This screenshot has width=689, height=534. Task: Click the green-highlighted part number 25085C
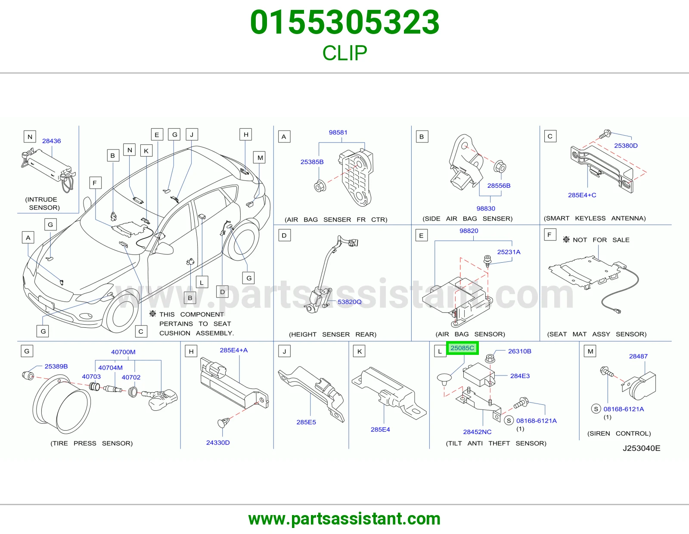[462, 348]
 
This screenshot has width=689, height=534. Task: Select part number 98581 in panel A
[338, 132]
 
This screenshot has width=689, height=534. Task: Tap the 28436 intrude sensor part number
[51, 141]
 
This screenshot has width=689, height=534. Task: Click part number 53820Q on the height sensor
[349, 301]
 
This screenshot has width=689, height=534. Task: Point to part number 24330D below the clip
[218, 442]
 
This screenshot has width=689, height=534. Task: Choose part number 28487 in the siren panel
[638, 356]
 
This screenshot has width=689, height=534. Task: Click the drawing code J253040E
[642, 448]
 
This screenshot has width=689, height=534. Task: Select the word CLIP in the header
[344, 53]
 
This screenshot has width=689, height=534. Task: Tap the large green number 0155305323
[344, 22]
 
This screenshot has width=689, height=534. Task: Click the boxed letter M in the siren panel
[590, 351]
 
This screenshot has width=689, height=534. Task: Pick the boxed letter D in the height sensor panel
[284, 235]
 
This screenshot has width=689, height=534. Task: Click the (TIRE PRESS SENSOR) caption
[92, 443]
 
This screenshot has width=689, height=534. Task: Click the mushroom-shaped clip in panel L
[444, 379]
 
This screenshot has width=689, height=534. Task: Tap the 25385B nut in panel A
[320, 186]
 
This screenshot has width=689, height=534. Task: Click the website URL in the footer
[344, 519]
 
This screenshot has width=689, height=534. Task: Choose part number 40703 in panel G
[91, 376]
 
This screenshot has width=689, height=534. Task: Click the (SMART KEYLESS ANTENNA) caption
[595, 218]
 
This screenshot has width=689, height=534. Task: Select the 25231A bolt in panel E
[487, 261]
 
